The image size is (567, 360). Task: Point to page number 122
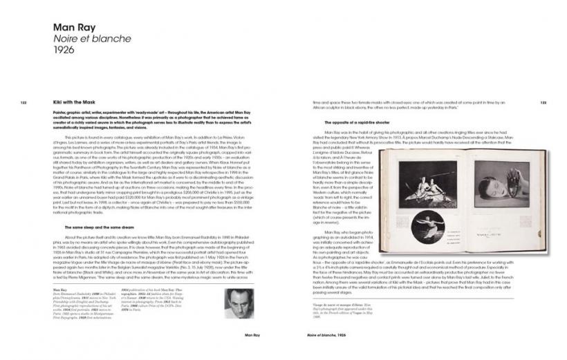click(x=23, y=102)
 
